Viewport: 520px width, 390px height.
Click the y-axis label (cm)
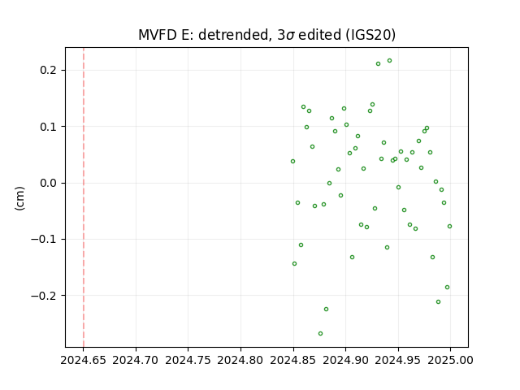pyautogui.click(x=19, y=198)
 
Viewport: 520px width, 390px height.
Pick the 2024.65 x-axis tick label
pyautogui.click(x=83, y=360)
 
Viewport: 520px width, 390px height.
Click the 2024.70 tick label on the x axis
pyautogui.click(x=136, y=360)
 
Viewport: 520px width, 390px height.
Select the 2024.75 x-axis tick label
pyautogui.click(x=188, y=360)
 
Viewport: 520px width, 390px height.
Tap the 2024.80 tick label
pyautogui.click(x=240, y=360)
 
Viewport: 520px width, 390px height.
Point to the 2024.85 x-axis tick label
pyautogui.click(x=293, y=360)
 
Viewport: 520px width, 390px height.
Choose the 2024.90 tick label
pyautogui.click(x=345, y=360)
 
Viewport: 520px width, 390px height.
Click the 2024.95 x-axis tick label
pyautogui.click(x=398, y=360)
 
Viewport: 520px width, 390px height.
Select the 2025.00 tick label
pyautogui.click(x=450, y=360)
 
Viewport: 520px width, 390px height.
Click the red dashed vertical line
pyautogui.click(x=84, y=197)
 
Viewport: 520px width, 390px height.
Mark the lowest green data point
pyautogui.click(x=320, y=333)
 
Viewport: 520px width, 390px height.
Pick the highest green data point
pyautogui.click(x=390, y=61)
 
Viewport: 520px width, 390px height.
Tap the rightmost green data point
pyautogui.click(x=449, y=226)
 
